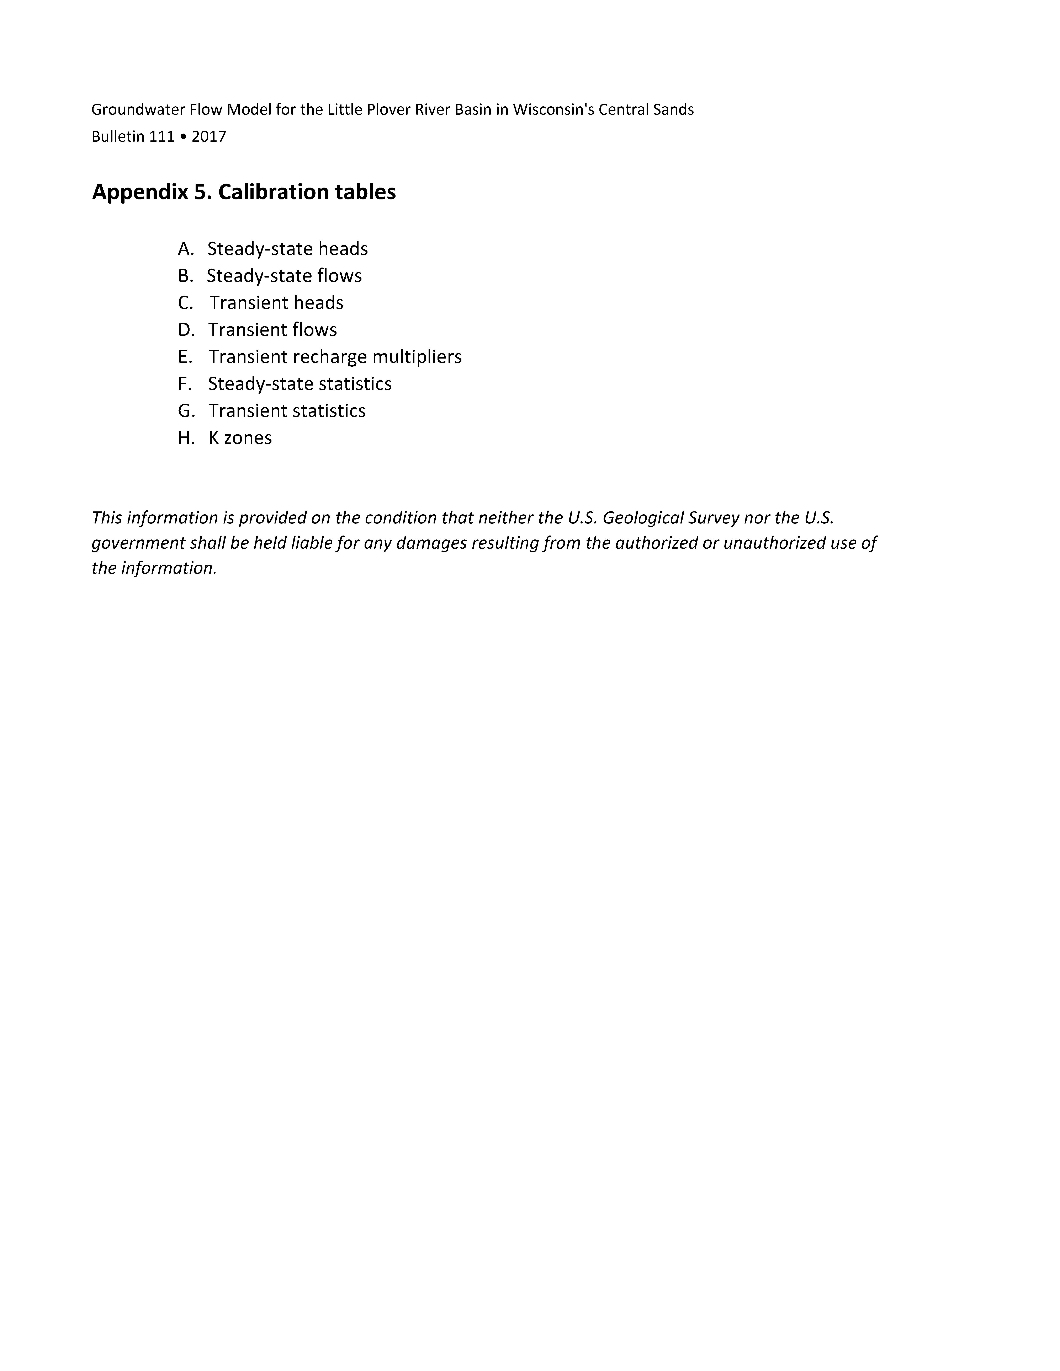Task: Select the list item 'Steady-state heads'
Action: point(288,249)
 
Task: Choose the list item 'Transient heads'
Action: point(276,303)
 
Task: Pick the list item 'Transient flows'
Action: point(272,330)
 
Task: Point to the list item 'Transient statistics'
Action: point(287,411)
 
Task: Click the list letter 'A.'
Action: point(186,249)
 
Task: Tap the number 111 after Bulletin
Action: point(161,137)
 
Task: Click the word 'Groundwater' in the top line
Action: point(138,110)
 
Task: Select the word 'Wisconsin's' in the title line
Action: point(553,110)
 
